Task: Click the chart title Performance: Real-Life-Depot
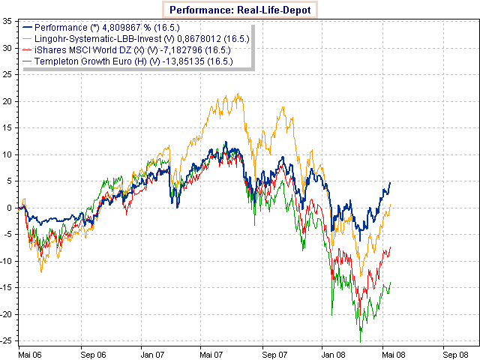(239, 10)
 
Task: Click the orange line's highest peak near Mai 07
(238, 94)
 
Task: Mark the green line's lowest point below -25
(361, 342)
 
